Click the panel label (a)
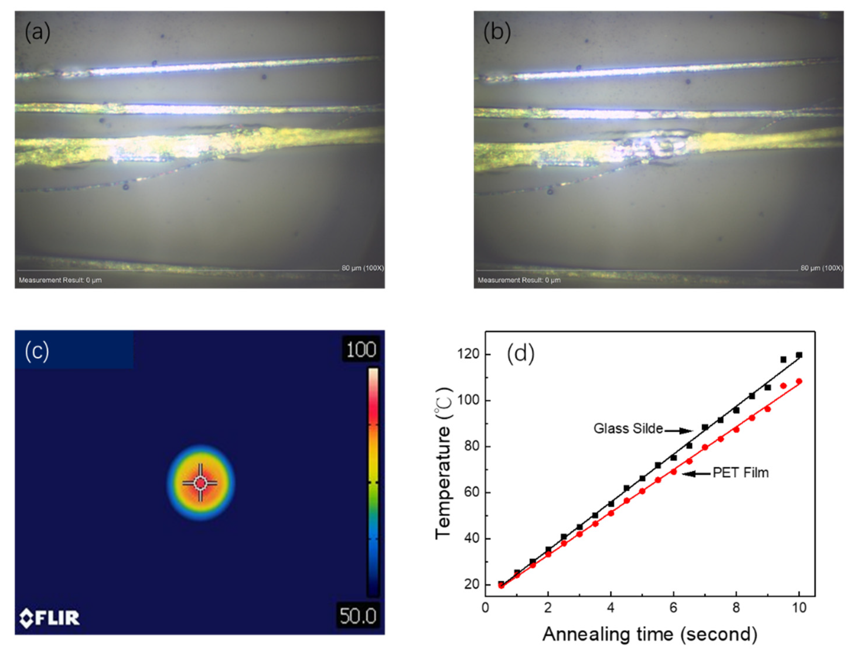pyautogui.click(x=37, y=32)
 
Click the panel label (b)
pyautogui.click(x=497, y=32)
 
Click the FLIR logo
pyautogui.click(x=50, y=618)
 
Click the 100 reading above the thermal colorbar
pyautogui.click(x=361, y=349)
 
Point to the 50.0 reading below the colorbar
pyautogui.click(x=358, y=616)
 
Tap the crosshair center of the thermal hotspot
pyautogui.click(x=200, y=483)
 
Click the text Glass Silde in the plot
pyautogui.click(x=628, y=429)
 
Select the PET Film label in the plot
pyautogui.click(x=740, y=473)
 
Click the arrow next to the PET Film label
pyautogui.click(x=696, y=474)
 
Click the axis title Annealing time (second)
pyautogui.click(x=649, y=634)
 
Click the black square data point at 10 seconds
pyautogui.click(x=799, y=355)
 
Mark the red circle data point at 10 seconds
pyautogui.click(x=799, y=381)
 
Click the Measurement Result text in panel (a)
pyautogui.click(x=60, y=280)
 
